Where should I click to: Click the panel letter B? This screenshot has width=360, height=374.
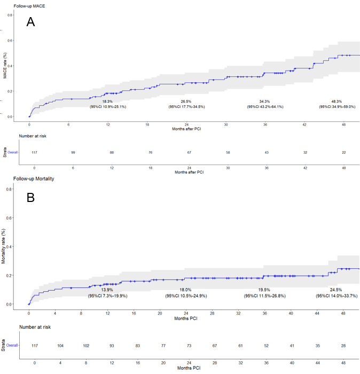[30, 197]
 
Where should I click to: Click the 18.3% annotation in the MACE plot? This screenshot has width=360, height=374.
[107, 101]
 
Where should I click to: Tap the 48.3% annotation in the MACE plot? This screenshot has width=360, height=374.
[337, 101]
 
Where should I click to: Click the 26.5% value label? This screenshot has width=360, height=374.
[186, 101]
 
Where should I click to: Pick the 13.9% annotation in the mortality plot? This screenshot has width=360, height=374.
[107, 290]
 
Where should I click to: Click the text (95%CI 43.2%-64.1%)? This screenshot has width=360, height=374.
[265, 107]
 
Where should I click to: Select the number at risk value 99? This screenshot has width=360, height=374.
[73, 153]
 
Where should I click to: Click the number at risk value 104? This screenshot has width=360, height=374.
[60, 346]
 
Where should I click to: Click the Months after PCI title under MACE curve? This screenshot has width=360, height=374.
[187, 129]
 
